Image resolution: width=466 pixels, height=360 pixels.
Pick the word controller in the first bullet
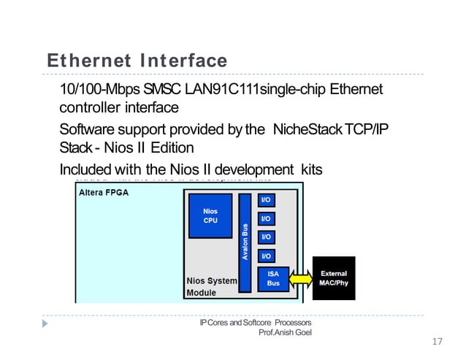coord(88,108)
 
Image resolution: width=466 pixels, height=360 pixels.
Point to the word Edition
coord(161,148)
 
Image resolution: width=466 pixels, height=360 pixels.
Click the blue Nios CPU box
coord(210,215)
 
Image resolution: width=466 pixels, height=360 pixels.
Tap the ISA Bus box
coord(273,278)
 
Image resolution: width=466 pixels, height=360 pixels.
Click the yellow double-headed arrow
coord(302,278)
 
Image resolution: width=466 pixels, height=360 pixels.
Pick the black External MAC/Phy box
coord(334,278)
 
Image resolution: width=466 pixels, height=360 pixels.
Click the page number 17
coord(438,342)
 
